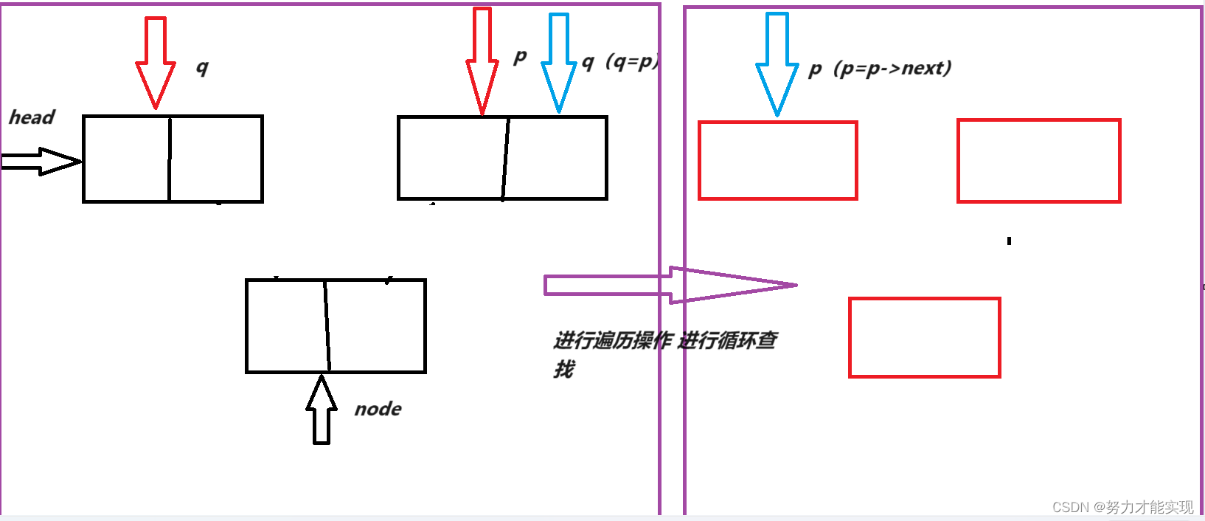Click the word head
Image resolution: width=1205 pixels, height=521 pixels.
(32, 117)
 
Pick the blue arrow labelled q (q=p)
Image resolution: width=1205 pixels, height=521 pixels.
(559, 63)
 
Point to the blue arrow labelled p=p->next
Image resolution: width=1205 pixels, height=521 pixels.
(777, 65)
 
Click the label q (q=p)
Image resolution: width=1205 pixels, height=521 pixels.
(620, 62)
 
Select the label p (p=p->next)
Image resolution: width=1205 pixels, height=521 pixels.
(880, 69)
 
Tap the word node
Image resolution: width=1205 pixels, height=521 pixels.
(378, 409)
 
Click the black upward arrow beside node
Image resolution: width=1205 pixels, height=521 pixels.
(322, 410)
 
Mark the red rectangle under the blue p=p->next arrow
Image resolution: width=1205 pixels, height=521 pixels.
(777, 161)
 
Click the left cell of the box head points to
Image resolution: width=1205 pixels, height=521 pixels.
(126, 159)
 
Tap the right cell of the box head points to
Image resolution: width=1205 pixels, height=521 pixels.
(216, 159)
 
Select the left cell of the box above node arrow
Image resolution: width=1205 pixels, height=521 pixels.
(286, 325)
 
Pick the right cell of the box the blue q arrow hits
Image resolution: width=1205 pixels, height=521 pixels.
(556, 157)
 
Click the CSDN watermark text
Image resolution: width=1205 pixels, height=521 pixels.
(1122, 507)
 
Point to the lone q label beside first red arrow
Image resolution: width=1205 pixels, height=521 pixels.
(202, 68)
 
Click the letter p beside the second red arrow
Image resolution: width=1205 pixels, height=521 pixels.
(520, 57)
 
